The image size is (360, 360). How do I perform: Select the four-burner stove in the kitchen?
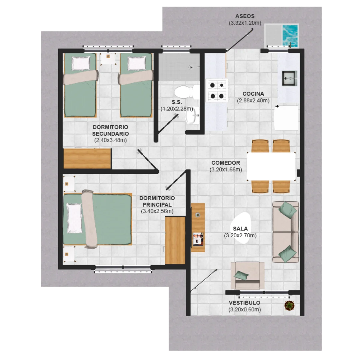point(217,91)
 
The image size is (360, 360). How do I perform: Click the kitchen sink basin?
point(289,78)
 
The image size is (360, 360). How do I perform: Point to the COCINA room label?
point(253,94)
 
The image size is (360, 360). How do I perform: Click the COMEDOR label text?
point(226,163)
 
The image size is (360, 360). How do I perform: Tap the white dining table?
point(271,166)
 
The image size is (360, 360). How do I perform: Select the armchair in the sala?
point(247,275)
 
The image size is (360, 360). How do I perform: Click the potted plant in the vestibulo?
point(289,306)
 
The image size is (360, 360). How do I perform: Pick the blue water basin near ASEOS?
point(290,35)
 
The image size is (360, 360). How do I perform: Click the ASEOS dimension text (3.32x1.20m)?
point(245,23)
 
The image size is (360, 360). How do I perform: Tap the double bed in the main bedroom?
point(97,219)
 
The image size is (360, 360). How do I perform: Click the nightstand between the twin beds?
point(108,58)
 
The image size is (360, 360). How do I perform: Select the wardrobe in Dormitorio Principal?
point(175,240)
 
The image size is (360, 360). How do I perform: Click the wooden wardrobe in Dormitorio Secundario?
point(87,159)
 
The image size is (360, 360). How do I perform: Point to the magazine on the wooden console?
point(198,239)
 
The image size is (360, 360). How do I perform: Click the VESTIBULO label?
point(244,303)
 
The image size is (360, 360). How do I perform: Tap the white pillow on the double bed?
point(74,218)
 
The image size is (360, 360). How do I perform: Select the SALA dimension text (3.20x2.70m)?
point(240,235)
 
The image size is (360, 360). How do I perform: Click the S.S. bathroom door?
point(168,124)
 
